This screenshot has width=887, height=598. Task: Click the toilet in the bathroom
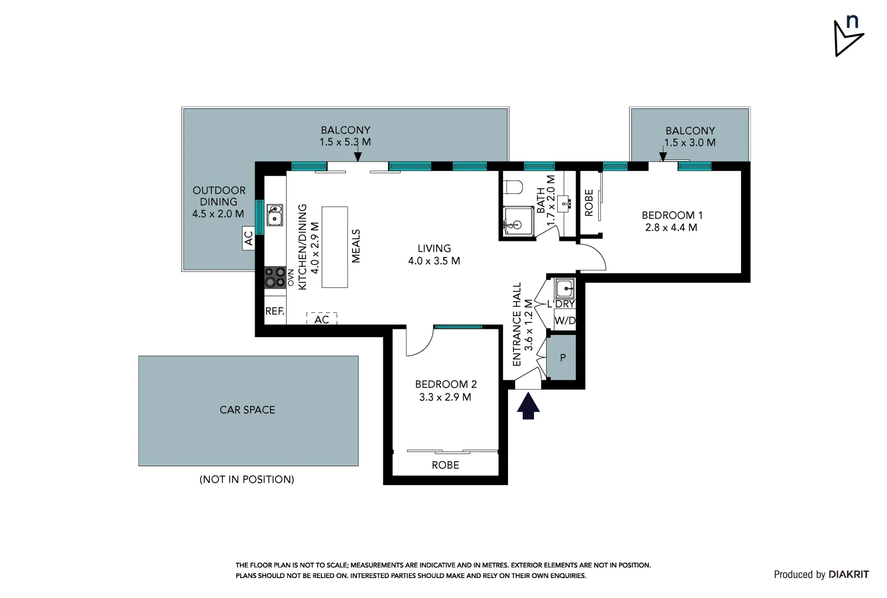click(x=514, y=187)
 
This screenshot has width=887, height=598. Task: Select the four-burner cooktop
click(x=274, y=277)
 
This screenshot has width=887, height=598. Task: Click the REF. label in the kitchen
click(x=275, y=311)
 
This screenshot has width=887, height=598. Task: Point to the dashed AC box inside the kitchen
click(x=321, y=318)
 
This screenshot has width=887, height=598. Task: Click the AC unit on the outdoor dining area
click(x=248, y=238)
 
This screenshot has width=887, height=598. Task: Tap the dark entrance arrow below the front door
click(x=528, y=405)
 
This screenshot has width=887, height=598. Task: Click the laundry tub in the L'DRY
click(x=564, y=288)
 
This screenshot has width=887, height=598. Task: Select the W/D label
click(x=564, y=321)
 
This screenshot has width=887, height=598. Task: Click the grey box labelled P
click(x=562, y=358)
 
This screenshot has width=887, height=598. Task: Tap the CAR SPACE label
click(x=247, y=410)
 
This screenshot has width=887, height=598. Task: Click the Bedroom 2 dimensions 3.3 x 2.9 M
click(x=445, y=397)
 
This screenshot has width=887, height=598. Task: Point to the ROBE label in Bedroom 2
click(x=445, y=465)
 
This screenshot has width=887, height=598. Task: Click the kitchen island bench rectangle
click(x=335, y=247)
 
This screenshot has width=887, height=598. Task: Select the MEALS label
click(x=356, y=246)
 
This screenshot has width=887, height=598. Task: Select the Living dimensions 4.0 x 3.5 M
click(x=434, y=261)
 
